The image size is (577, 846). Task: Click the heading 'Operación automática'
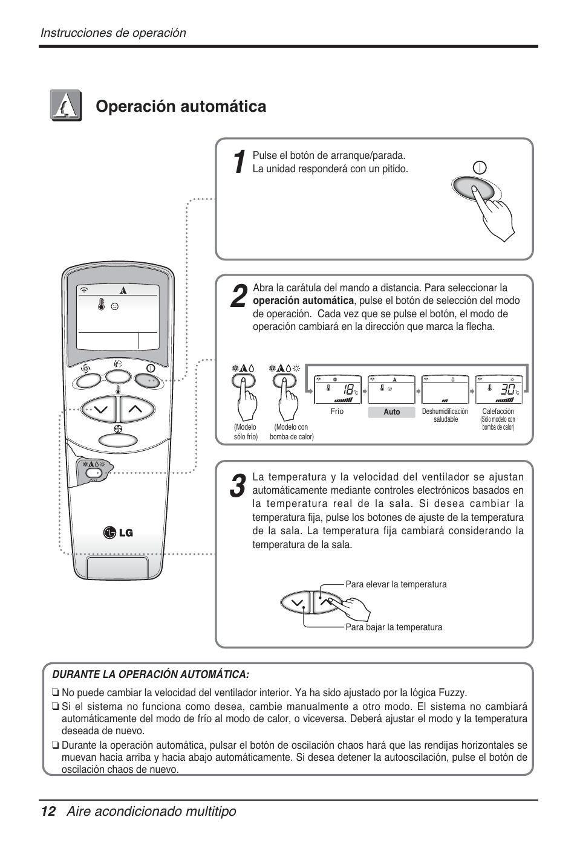coord(181,106)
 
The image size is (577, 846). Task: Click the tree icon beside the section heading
coord(66,106)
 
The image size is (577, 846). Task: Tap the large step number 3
coord(238,486)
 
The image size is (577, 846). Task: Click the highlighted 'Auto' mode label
coord(391,412)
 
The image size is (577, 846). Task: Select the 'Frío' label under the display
coord(337,412)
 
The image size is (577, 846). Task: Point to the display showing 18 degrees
coord(337,390)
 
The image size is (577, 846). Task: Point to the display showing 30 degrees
coord(498,390)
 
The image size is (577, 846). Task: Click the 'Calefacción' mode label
coord(498,412)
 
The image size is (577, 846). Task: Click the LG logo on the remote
coord(118,532)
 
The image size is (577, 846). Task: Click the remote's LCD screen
coord(118,317)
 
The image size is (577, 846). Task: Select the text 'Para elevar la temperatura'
coord(396,584)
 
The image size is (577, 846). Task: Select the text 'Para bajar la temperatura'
coord(394,627)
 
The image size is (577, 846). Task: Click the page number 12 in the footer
coord(48,812)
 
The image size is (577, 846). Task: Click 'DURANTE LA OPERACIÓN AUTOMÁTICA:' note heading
coord(151,674)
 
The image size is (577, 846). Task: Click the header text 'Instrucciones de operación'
coord(113,33)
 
